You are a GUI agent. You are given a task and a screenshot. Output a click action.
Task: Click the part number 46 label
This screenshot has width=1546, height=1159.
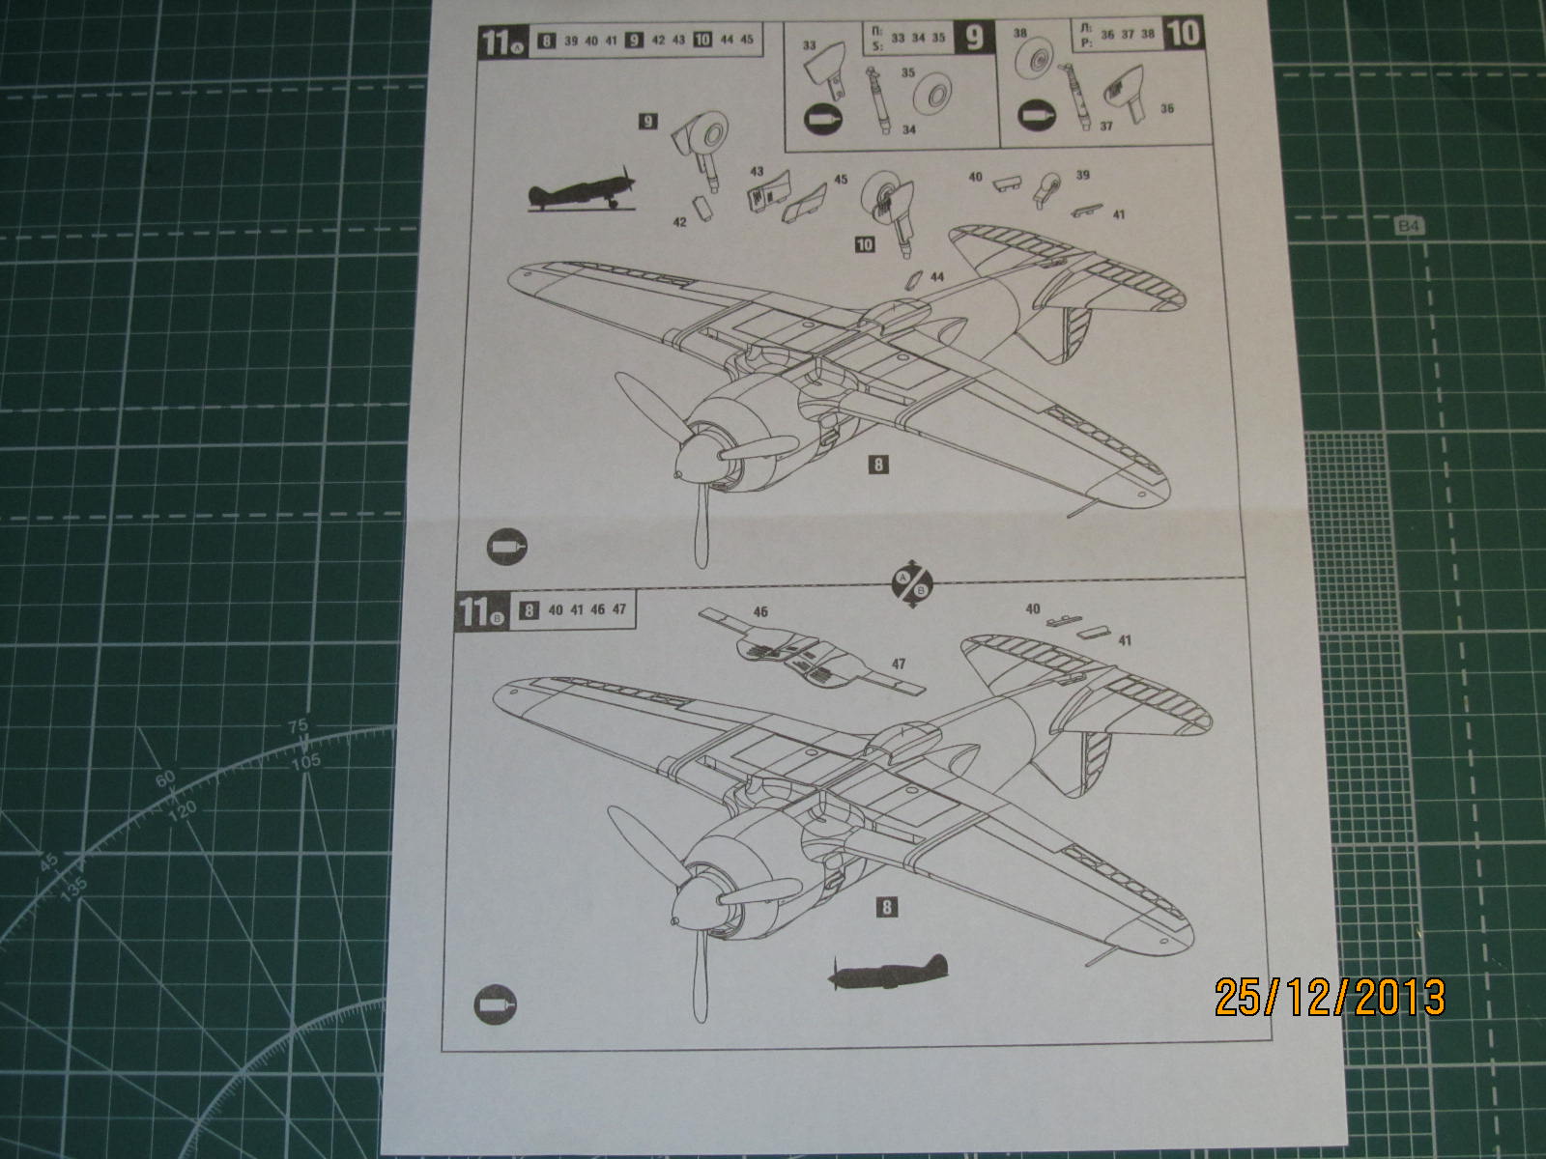click(x=761, y=611)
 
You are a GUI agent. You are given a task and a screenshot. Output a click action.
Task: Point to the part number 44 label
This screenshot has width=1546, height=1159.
click(x=936, y=276)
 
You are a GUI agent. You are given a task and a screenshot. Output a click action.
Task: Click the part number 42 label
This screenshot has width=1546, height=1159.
click(x=679, y=221)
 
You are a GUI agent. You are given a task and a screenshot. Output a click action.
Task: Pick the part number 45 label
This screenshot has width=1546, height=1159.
click(x=841, y=180)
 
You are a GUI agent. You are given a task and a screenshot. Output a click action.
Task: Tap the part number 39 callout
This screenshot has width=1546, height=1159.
click(x=1083, y=175)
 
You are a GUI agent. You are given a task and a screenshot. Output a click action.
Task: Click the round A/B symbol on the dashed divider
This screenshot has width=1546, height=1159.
click(x=909, y=582)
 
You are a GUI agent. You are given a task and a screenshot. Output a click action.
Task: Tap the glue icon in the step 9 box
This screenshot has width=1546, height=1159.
click(x=822, y=120)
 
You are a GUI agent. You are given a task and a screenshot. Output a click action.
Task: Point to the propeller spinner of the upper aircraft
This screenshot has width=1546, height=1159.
click(x=694, y=466)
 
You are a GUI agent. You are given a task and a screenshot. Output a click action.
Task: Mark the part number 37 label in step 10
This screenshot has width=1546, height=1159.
click(x=1107, y=126)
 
